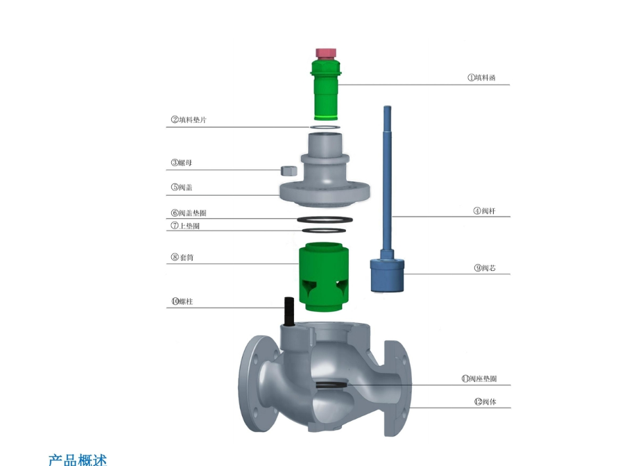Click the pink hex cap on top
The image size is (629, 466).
pos(326,53)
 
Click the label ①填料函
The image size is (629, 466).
pos(481,78)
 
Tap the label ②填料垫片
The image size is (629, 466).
pos(189,119)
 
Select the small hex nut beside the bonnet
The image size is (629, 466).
pos(288,170)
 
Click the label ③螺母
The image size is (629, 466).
pos(182,163)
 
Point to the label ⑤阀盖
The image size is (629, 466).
pos(182,188)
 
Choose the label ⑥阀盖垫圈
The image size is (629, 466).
pos(189,213)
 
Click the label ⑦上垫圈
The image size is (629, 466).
pos(185,226)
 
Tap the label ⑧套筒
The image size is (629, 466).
pos(182,257)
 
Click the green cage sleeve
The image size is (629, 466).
pos(324,276)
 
